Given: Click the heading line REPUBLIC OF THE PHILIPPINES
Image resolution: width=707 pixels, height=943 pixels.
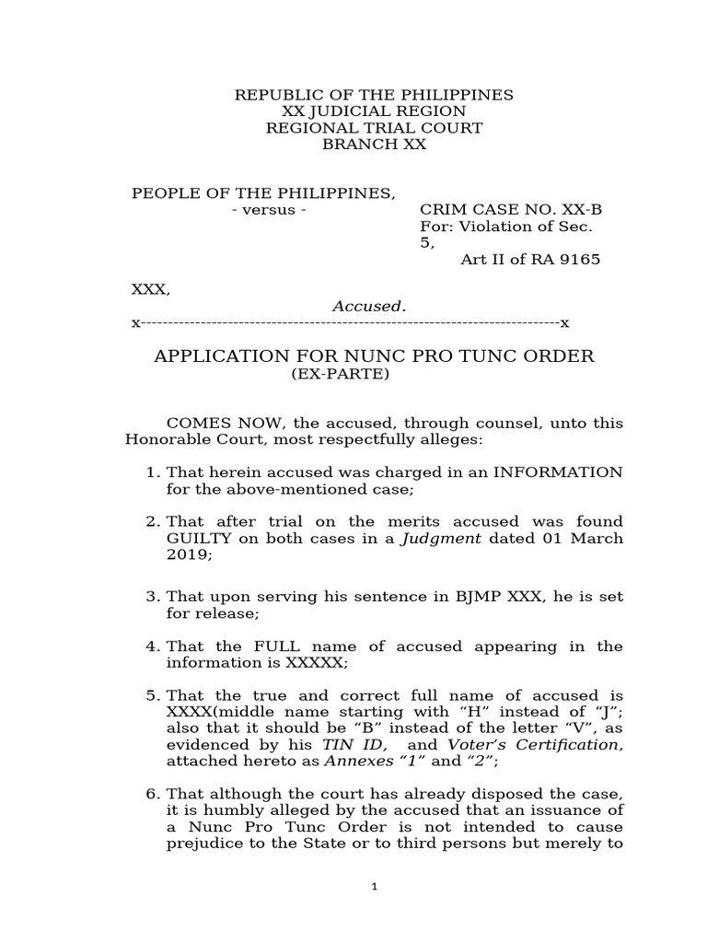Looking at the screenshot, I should (x=374, y=96).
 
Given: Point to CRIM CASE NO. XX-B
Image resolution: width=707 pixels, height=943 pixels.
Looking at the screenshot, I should (x=511, y=209).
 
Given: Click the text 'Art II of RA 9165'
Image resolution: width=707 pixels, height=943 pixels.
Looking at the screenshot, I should (x=529, y=259).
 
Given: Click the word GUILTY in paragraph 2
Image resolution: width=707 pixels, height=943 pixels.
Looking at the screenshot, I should (x=198, y=539).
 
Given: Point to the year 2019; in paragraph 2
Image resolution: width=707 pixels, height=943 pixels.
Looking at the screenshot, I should (x=188, y=555).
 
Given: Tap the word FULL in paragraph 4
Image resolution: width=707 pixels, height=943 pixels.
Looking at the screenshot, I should (x=261, y=646).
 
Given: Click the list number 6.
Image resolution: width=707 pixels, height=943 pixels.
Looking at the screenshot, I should (x=153, y=795).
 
